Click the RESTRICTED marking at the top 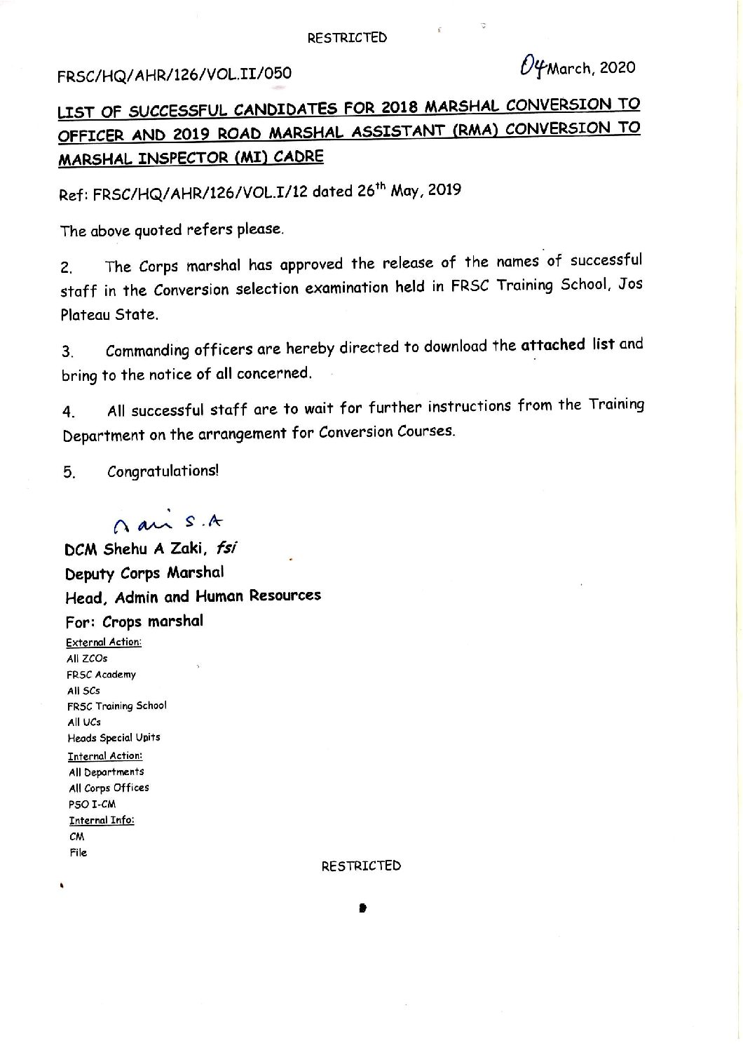[346, 38]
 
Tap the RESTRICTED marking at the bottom [361, 866]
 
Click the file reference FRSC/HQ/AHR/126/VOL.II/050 [175, 73]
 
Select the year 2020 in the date [618, 67]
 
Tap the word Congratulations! [163, 471]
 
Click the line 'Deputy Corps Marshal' [144, 573]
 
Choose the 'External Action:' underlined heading [103, 642]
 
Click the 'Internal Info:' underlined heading [101, 820]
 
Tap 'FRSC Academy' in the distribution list [102, 675]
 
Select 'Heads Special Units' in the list [114, 738]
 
